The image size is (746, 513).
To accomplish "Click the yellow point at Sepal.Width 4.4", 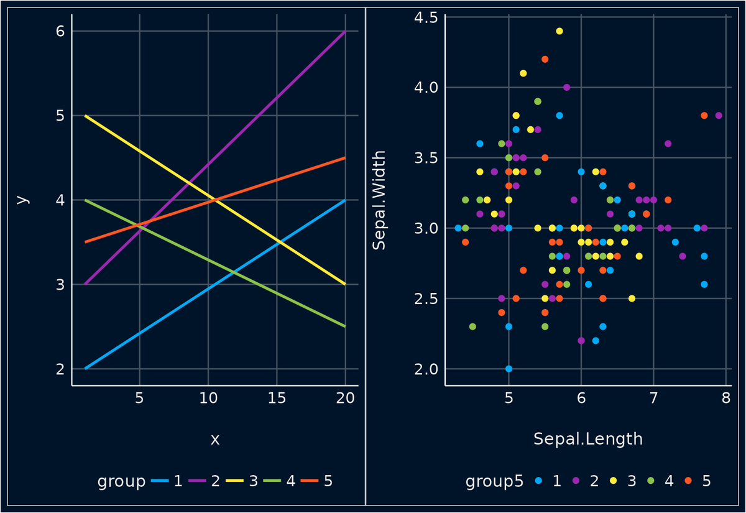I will (x=559, y=31).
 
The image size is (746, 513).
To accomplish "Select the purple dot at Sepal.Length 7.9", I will (x=719, y=116).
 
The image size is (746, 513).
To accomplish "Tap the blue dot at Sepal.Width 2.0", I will (x=509, y=369).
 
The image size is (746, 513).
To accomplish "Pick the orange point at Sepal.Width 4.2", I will (x=545, y=59).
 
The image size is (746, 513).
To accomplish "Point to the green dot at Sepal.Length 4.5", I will (x=472, y=326).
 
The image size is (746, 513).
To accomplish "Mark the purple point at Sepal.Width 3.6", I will (x=668, y=144).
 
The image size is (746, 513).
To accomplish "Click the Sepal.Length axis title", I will (x=587, y=439).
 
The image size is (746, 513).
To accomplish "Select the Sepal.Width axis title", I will (x=379, y=200).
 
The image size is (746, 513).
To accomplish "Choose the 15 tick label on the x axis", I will (x=277, y=398).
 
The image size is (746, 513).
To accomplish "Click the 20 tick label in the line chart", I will (x=345, y=398).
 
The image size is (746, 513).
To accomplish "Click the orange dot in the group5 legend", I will (x=688, y=481).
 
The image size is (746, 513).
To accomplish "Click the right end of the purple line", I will (x=345, y=31).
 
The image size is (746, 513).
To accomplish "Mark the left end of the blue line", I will (x=85, y=369).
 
